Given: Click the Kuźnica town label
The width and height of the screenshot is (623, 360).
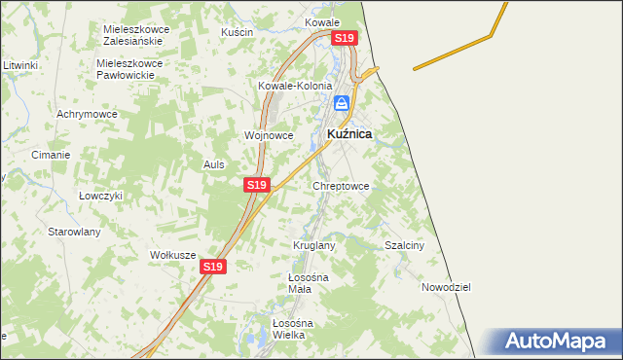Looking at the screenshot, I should coord(348,134).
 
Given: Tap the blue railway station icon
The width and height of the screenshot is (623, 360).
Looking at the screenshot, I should coord(342,102).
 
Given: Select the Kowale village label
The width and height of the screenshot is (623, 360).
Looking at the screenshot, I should coord(322,21).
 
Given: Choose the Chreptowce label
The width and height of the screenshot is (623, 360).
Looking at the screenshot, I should coord(341,185).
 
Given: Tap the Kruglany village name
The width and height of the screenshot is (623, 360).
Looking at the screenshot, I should coord(314,245).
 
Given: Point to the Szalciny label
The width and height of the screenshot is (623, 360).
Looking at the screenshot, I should coord(405,246).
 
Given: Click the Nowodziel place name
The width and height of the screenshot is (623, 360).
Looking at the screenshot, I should coord(446,287).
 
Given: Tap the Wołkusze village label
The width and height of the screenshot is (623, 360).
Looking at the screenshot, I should coord(173,255).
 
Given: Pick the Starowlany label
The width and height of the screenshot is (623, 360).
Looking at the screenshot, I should coord(75,232).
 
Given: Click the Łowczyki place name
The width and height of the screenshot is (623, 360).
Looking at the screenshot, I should coord(100,195).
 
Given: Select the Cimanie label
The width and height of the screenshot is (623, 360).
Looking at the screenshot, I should coord(51,155).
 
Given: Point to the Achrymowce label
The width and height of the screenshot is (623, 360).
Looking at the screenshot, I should coord(87,114).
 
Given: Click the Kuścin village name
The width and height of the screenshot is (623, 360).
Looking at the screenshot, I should coord(237,32).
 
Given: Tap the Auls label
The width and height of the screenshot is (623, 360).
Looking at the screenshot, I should coord(213,164).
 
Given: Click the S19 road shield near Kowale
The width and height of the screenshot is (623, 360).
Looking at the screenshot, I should coord(345,38).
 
